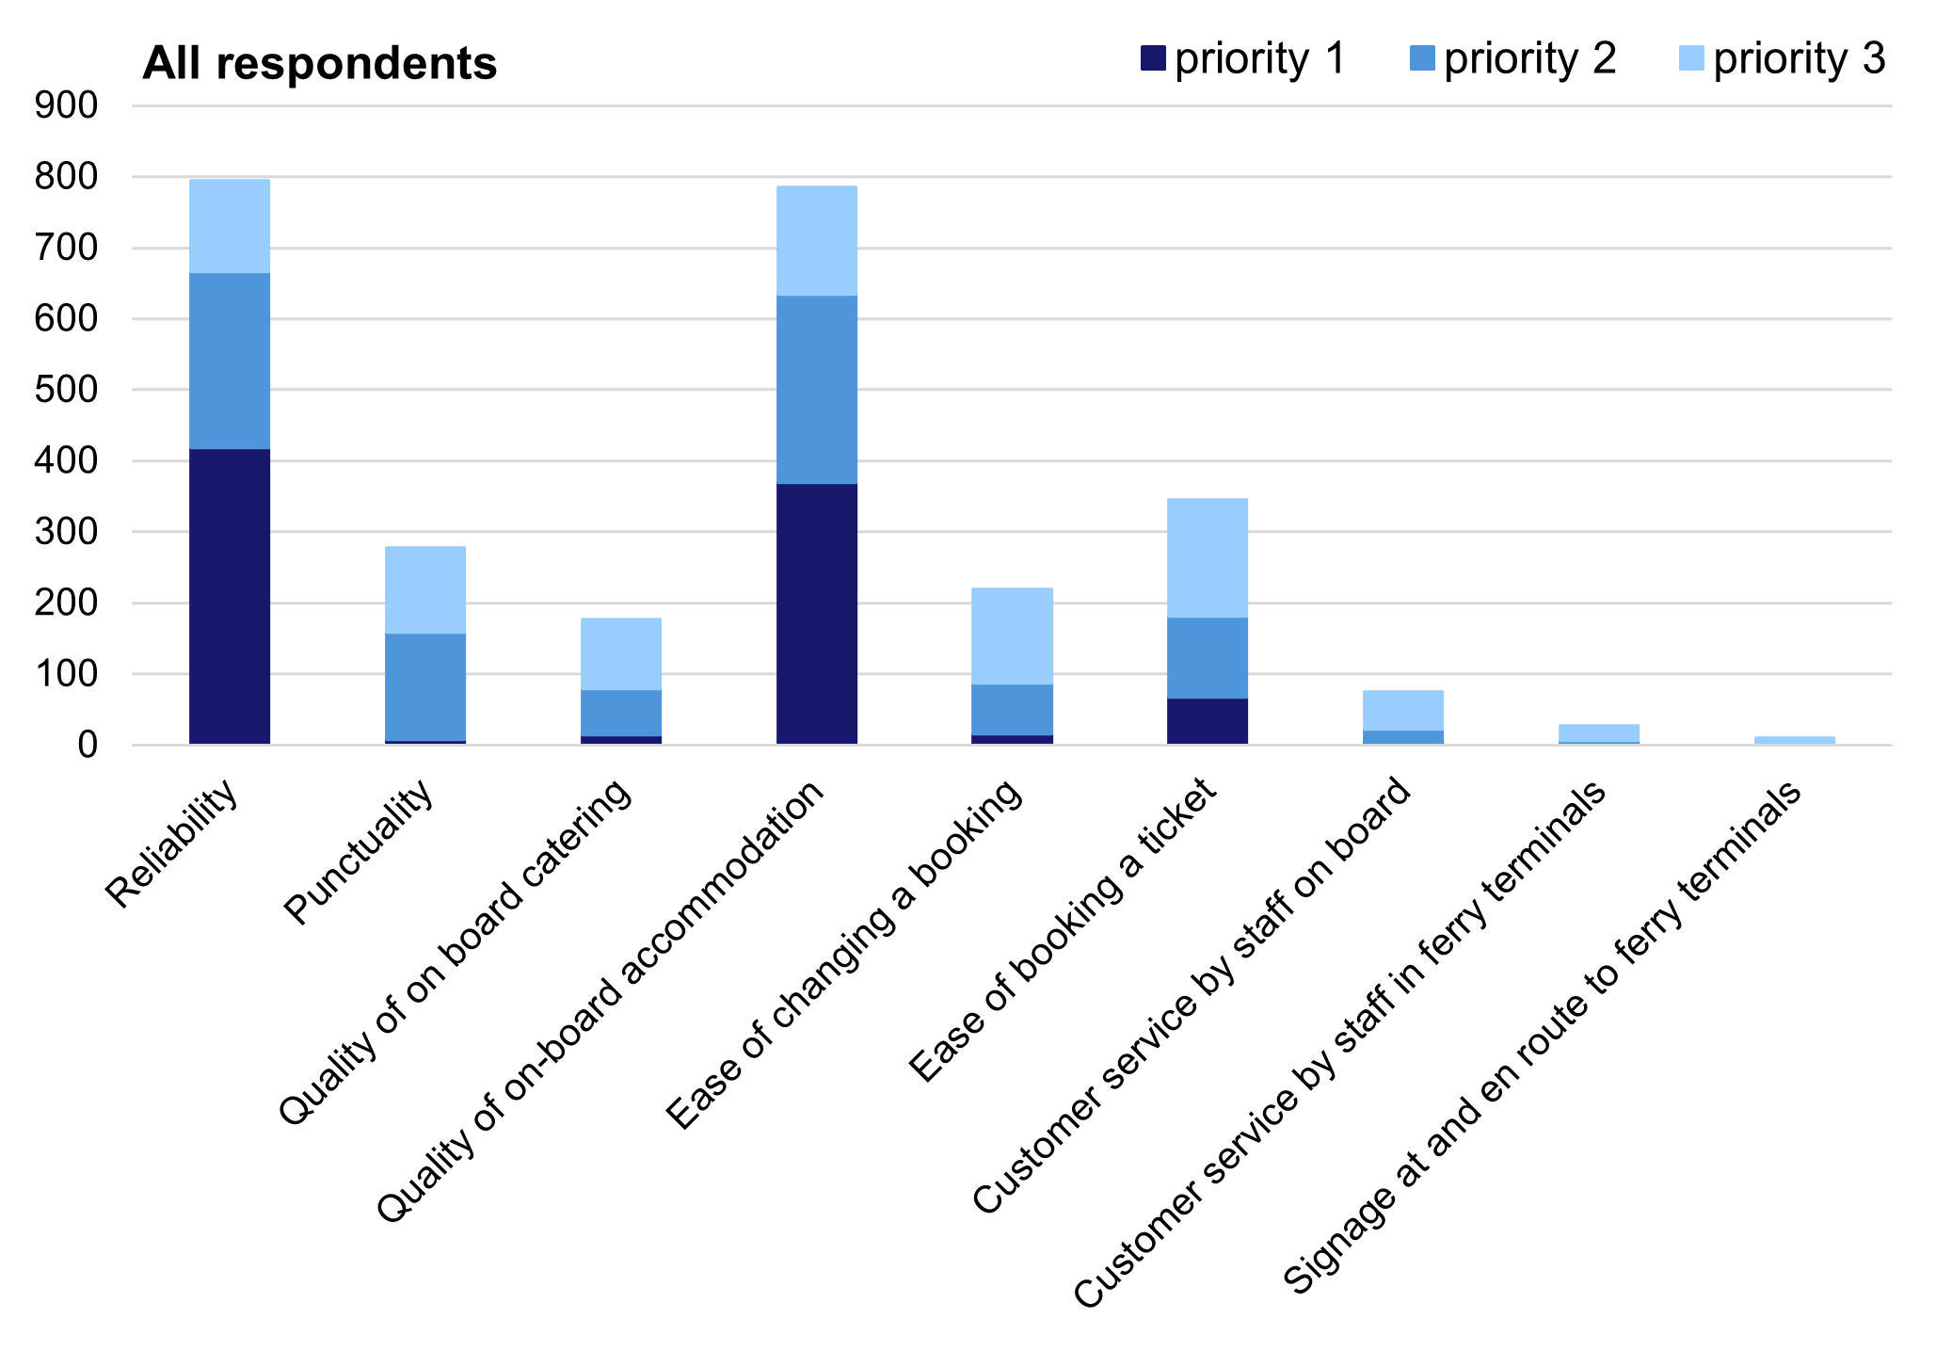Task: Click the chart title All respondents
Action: [x=319, y=64]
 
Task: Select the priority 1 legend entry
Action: [x=1243, y=59]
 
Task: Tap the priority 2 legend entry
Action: [x=1512, y=59]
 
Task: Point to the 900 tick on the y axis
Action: [x=66, y=105]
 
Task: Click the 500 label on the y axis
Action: [x=66, y=390]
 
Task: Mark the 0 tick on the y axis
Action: [x=88, y=746]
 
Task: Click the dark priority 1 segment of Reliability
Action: [x=230, y=596]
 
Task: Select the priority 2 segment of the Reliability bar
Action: [x=230, y=361]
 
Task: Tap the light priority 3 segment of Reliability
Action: [x=230, y=226]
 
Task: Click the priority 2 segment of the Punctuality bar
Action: [x=424, y=686]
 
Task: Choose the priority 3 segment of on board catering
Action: [x=620, y=654]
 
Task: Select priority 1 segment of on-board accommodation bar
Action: [x=816, y=614]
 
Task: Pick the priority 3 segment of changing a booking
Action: [x=1012, y=636]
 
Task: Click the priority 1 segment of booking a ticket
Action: [x=1207, y=721]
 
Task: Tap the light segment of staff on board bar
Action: [x=1402, y=711]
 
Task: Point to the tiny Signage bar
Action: [x=1794, y=740]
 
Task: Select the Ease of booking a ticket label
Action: [x=1063, y=928]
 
